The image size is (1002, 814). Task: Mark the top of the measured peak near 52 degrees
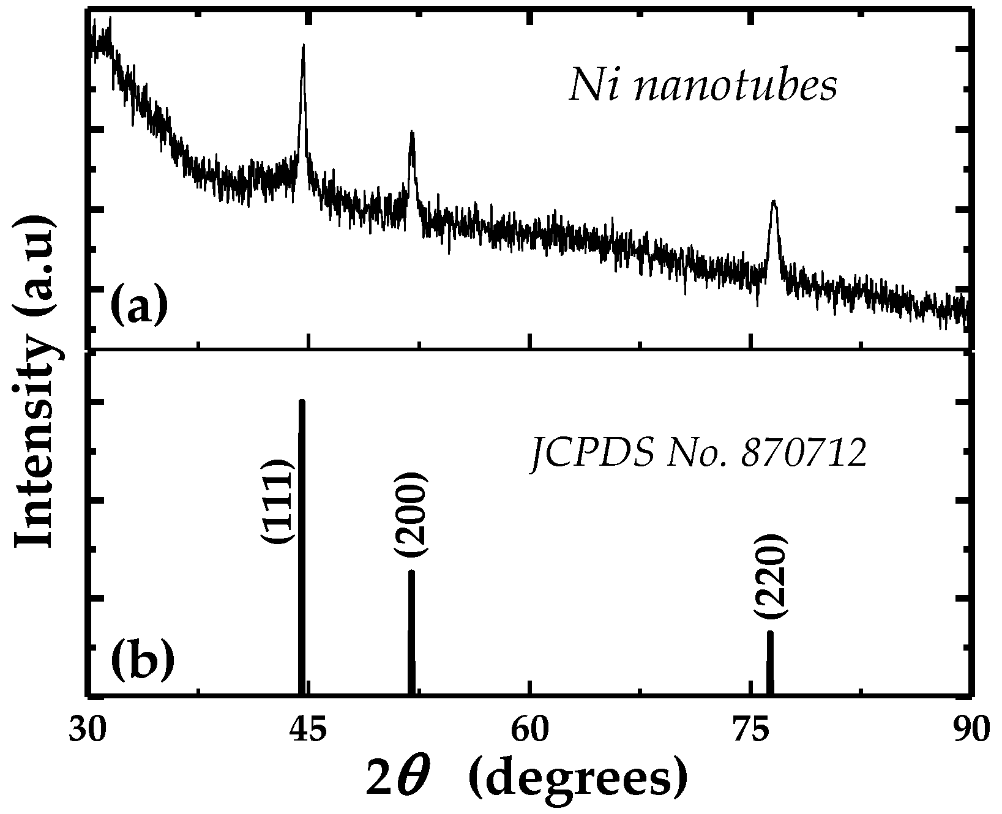pos(412,133)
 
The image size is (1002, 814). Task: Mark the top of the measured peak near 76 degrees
pos(774,202)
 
